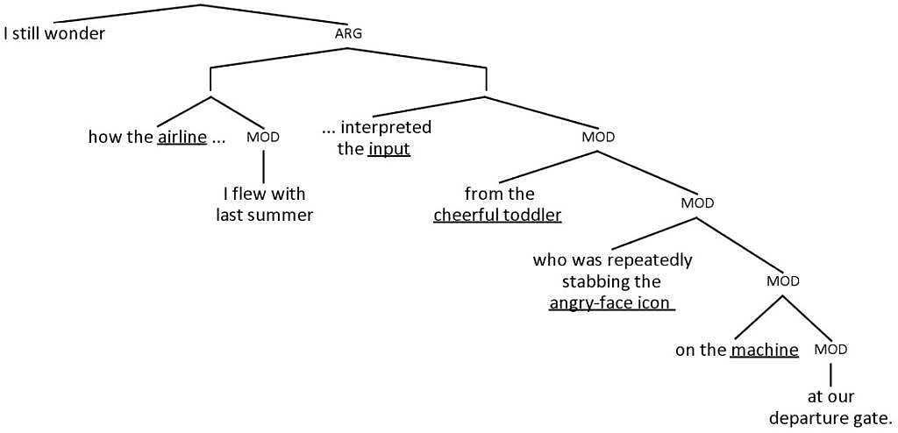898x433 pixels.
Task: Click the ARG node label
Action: point(348,33)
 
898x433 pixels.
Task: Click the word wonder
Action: point(75,34)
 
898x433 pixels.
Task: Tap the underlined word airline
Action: point(182,138)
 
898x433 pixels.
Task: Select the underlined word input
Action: point(389,149)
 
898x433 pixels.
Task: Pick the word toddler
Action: point(531,215)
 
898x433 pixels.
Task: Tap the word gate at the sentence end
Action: point(870,418)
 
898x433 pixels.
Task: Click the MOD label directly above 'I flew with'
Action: point(263,138)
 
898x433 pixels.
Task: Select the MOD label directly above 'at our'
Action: point(830,350)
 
